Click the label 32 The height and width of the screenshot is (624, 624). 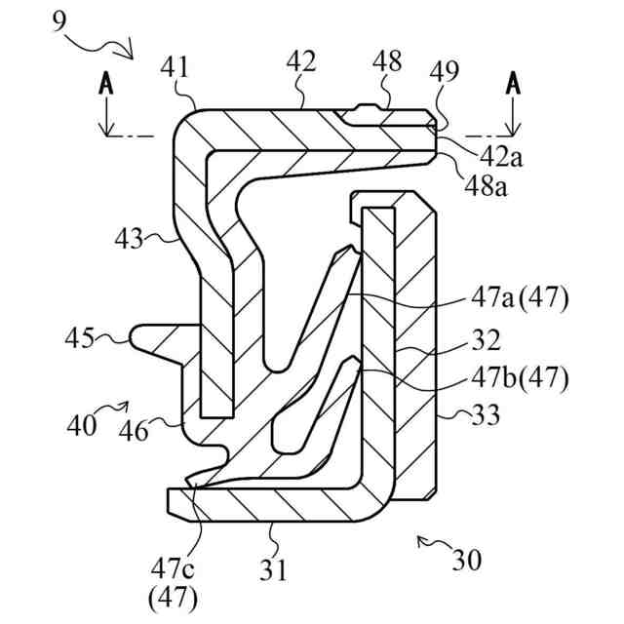point(485,340)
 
